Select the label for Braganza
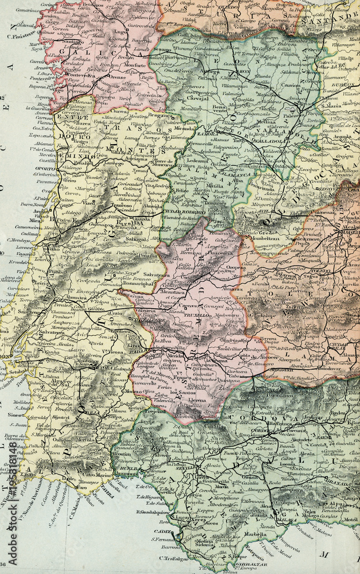(151, 115)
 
